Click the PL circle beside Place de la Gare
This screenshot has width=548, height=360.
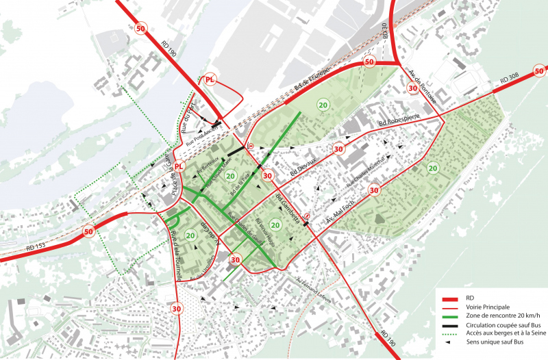[179, 167]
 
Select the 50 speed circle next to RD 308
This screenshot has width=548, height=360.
[539, 69]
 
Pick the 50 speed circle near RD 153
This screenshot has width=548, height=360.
[88, 232]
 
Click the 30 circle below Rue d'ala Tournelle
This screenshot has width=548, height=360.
[177, 308]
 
